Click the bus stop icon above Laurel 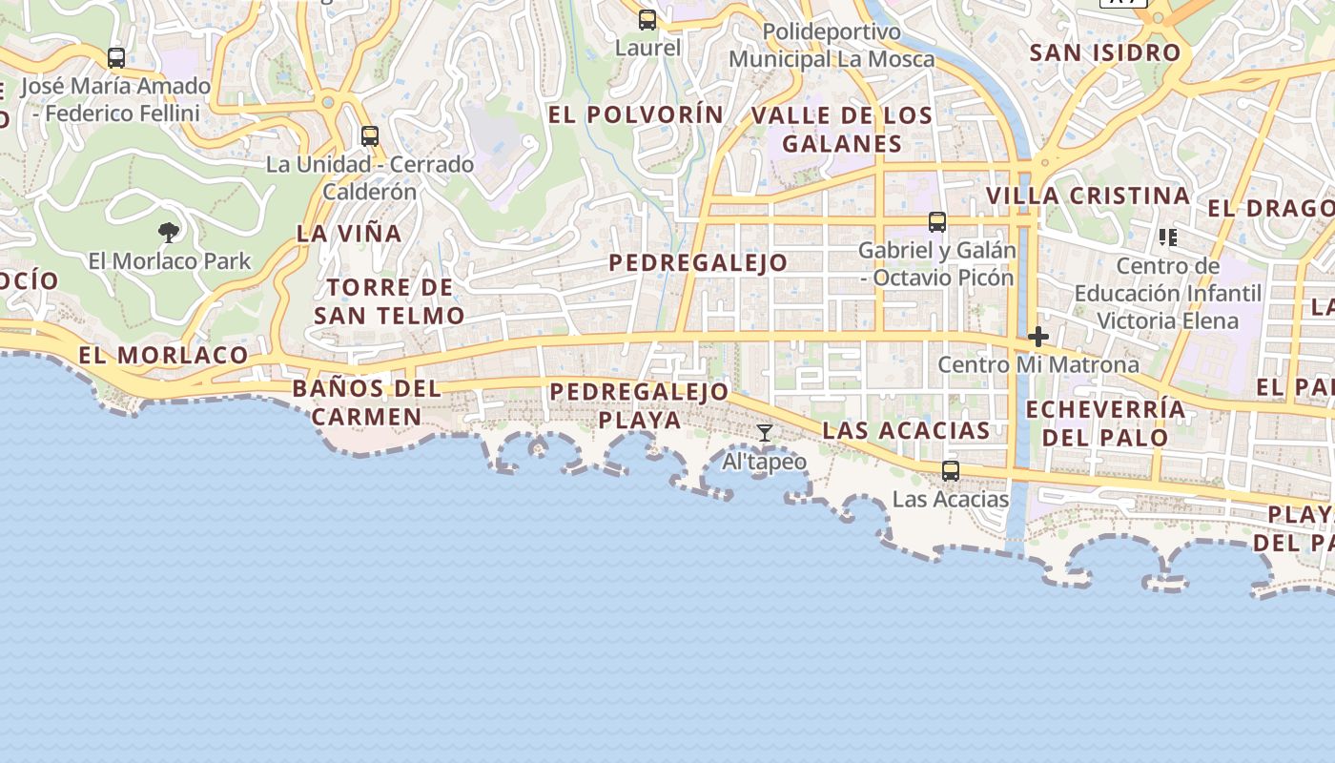click(x=647, y=19)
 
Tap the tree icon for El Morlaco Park click(x=169, y=232)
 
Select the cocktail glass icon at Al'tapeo click(x=765, y=433)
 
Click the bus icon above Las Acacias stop click(x=951, y=470)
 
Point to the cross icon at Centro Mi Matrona click(x=1038, y=337)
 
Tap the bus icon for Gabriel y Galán click(x=937, y=222)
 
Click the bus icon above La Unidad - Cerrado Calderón click(x=370, y=136)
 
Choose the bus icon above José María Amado click(x=116, y=57)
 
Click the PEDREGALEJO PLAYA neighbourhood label click(x=639, y=405)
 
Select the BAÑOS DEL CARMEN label click(x=367, y=402)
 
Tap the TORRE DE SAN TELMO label click(x=389, y=301)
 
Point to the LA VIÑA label click(x=349, y=233)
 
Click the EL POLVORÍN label click(x=636, y=114)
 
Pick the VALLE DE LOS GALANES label click(x=842, y=130)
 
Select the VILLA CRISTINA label click(x=1088, y=196)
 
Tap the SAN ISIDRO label click(x=1105, y=52)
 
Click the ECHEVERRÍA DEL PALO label click(x=1106, y=423)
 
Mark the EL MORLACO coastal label click(x=163, y=356)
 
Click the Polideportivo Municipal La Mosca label click(x=832, y=46)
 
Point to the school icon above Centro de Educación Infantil click(x=1167, y=237)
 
